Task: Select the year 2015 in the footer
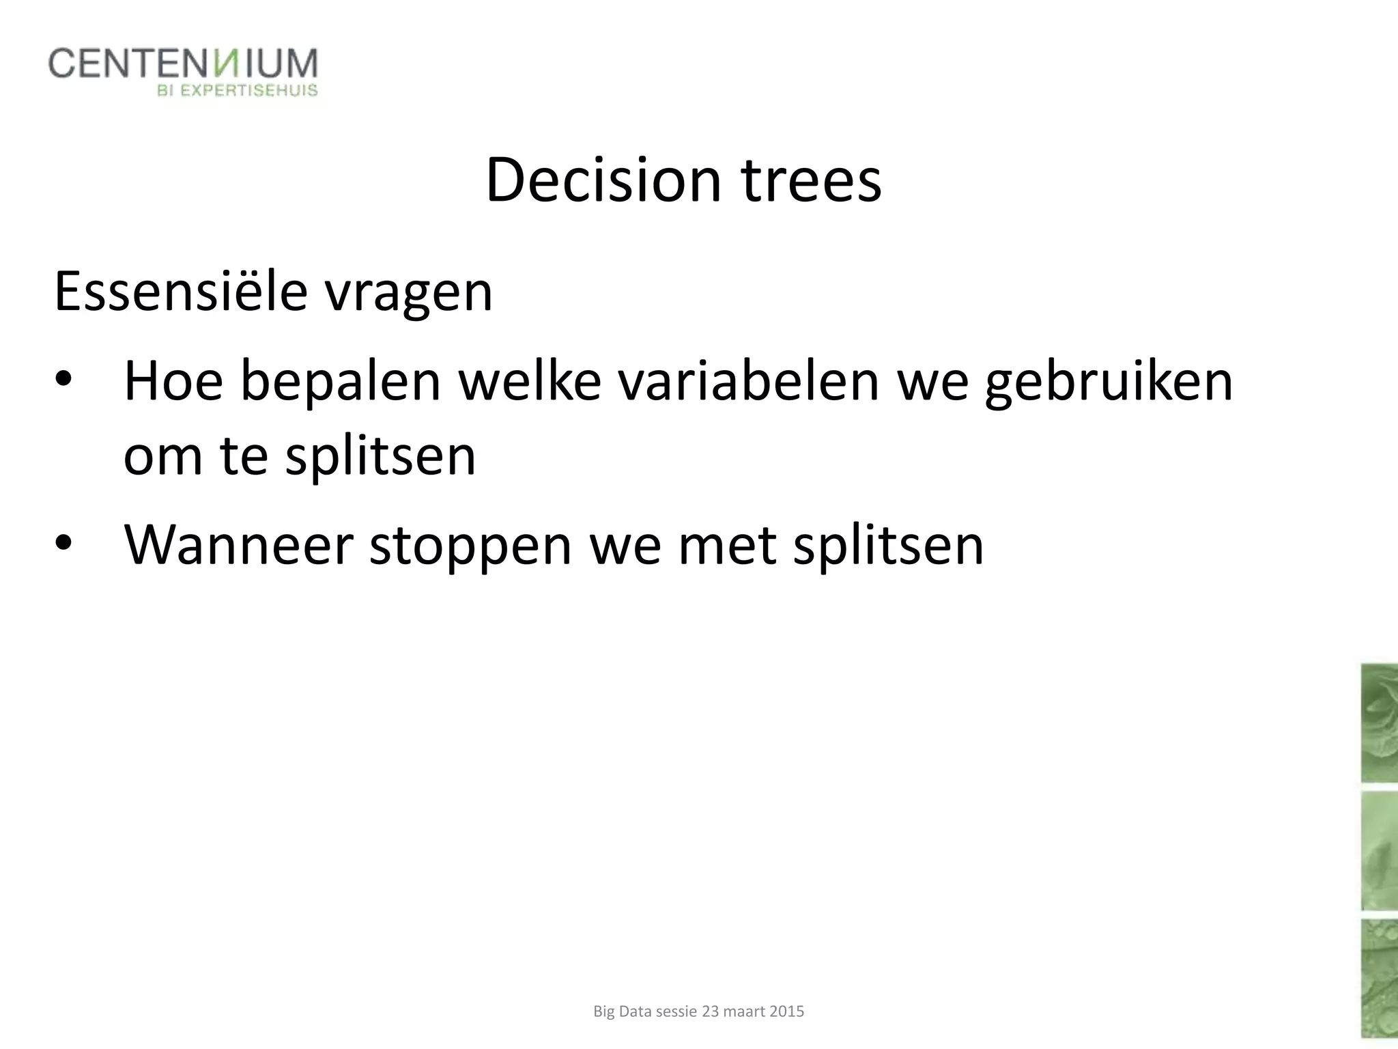point(786,1011)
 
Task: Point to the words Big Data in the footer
point(623,1011)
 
